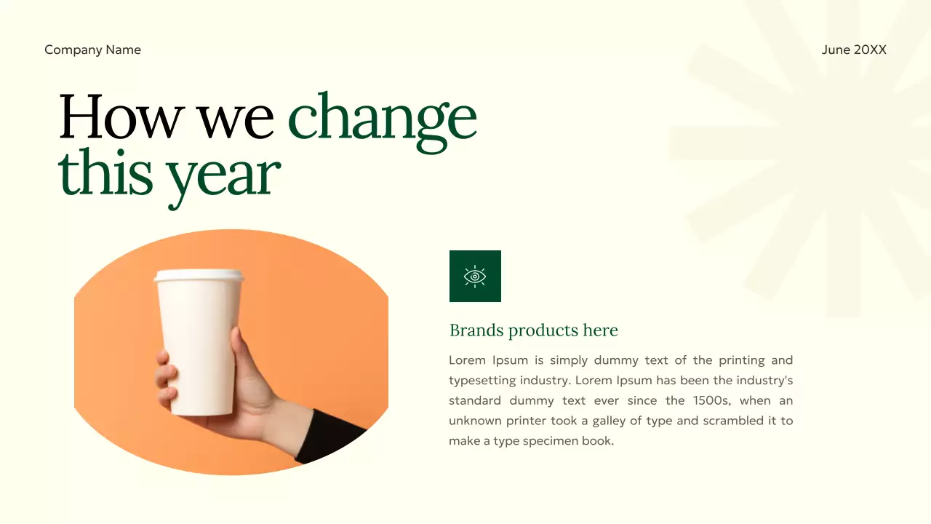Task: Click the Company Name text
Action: click(92, 49)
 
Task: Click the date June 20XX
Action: click(854, 49)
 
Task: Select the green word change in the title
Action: click(383, 118)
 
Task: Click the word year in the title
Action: click(223, 175)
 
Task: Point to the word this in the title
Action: click(105, 173)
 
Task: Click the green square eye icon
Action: click(475, 276)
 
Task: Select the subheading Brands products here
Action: click(533, 330)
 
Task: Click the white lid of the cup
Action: click(199, 276)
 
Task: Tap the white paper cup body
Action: click(198, 342)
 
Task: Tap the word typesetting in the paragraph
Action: click(482, 380)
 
